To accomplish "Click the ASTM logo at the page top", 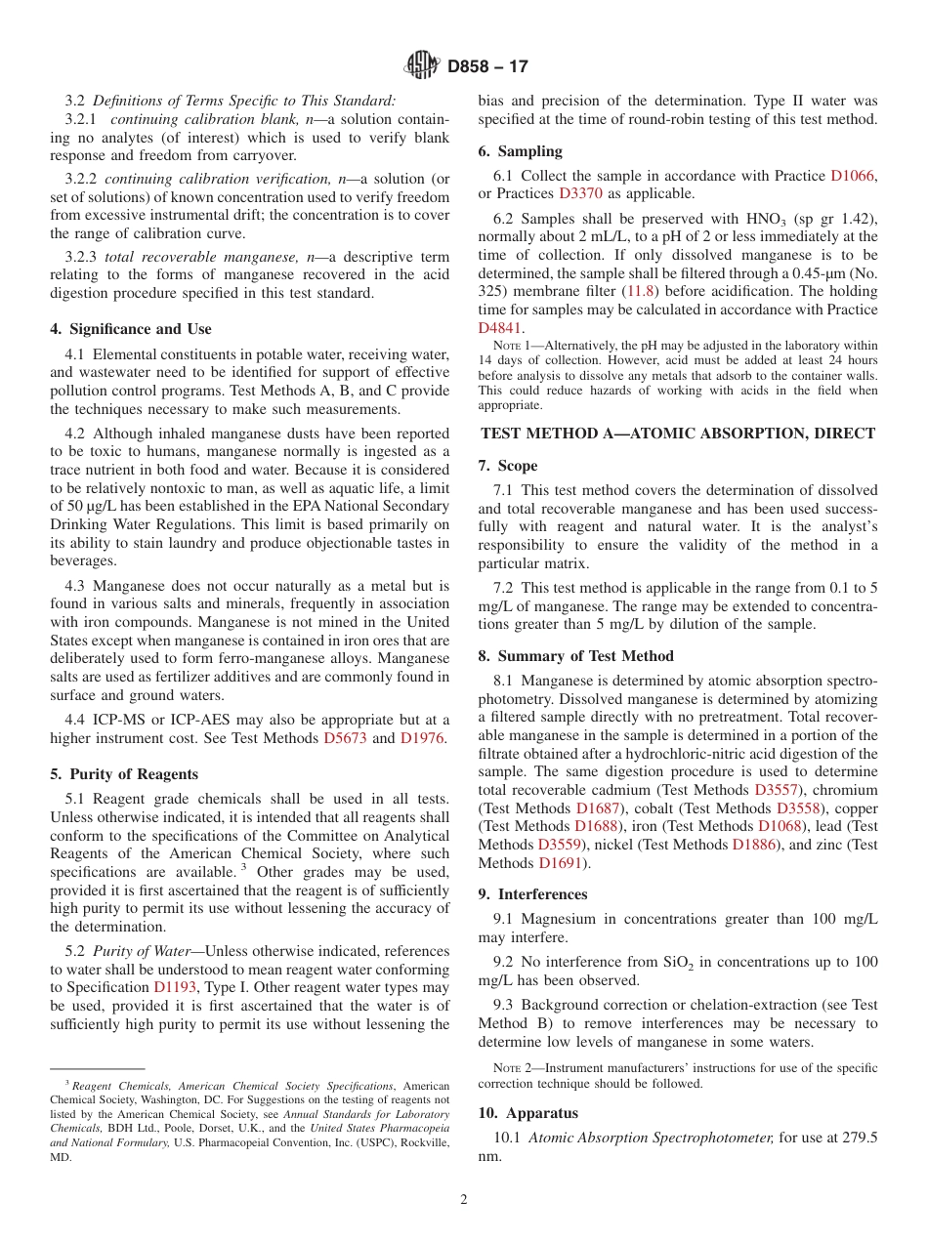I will click(422, 66).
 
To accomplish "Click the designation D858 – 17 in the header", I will click(487, 66).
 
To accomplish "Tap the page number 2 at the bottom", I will click(464, 1200).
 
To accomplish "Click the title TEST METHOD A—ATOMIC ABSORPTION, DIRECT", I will click(678, 434).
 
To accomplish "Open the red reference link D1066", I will click(853, 176).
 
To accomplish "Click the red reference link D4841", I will click(500, 328).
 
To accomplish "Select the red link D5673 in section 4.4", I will click(345, 738).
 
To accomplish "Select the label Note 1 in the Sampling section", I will click(513, 346).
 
